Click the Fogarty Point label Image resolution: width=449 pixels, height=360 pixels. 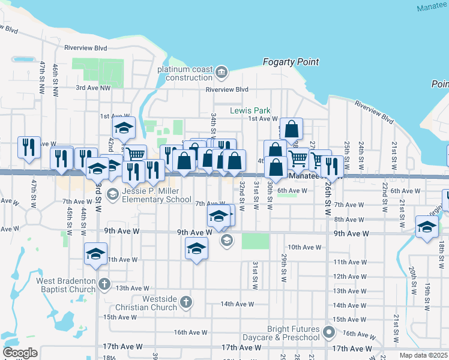(x=291, y=62)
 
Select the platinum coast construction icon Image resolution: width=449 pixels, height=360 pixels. (x=221, y=73)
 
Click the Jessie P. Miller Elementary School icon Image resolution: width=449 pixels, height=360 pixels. (x=112, y=193)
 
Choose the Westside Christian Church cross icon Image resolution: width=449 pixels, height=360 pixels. (x=186, y=301)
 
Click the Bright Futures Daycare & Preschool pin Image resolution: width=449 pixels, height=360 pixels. (x=328, y=331)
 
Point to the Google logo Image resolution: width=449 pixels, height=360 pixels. (x=20, y=352)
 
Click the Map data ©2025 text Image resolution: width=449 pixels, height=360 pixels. (x=423, y=355)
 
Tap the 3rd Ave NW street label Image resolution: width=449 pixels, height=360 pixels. (x=93, y=88)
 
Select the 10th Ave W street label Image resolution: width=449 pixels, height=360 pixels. (x=304, y=247)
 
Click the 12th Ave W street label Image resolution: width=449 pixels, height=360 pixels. (x=350, y=276)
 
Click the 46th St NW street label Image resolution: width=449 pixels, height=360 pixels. (x=55, y=78)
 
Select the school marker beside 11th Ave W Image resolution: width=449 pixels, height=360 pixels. (x=95, y=254)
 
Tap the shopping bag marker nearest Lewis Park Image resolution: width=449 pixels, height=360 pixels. (x=291, y=129)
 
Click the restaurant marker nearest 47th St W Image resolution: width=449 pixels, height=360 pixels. (x=29, y=148)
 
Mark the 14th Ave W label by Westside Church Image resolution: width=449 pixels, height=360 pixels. (x=237, y=304)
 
